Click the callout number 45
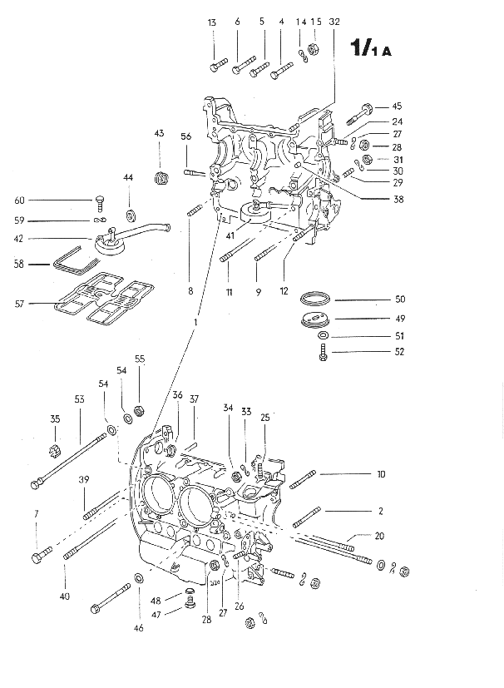(x=397, y=106)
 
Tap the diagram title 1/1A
(x=371, y=47)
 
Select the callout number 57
(x=19, y=304)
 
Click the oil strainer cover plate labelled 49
(x=315, y=319)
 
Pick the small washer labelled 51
(x=323, y=336)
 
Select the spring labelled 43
(x=162, y=178)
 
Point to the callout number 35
(x=55, y=419)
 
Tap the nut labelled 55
(x=140, y=411)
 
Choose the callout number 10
(x=381, y=474)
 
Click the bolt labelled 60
(x=100, y=203)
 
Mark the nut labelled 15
(x=314, y=48)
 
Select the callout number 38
(x=398, y=199)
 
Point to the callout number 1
(x=195, y=323)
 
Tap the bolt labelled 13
(x=217, y=65)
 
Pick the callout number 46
(x=138, y=628)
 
